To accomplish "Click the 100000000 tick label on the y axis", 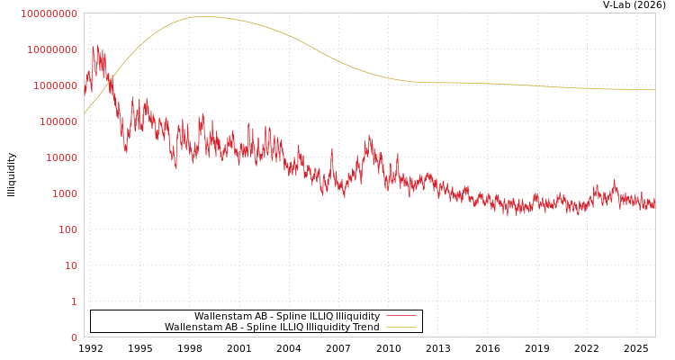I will coord(49,13).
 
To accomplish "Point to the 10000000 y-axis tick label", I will coord(52,49).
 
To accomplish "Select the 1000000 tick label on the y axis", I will coord(54,85).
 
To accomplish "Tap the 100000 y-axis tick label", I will coord(57,121).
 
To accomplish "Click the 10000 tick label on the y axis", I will coord(59,157).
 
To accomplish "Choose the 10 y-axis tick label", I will coord(69,265).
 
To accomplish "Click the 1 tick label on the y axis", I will coord(74,301).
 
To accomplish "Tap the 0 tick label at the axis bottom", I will coord(74,337).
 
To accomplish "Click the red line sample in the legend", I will coord(400,316).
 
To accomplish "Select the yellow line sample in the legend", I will coord(400,327).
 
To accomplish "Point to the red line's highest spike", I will coord(94,45).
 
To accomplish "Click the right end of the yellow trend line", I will coord(654,89).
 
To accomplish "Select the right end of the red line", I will coord(654,203).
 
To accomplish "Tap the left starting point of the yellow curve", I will coord(85,113).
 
